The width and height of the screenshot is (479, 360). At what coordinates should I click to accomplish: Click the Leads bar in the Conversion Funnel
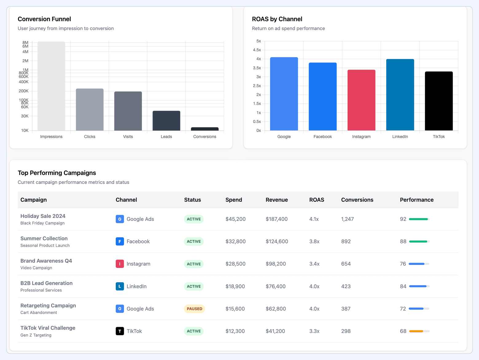166,121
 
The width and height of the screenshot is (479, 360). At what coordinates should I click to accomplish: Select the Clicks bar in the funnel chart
90,110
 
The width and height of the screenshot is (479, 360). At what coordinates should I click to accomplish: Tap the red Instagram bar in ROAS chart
361,100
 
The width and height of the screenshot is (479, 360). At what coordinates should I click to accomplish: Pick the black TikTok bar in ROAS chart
439,101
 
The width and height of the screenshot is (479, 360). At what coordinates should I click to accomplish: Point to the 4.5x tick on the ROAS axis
257,50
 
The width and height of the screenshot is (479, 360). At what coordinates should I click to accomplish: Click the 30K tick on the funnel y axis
25,116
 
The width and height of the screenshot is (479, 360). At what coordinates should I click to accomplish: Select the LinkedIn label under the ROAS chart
400,137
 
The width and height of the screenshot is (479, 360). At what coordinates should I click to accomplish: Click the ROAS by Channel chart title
277,19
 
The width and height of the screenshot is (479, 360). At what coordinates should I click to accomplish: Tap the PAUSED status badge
194,309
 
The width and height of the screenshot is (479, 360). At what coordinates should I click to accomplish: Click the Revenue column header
277,200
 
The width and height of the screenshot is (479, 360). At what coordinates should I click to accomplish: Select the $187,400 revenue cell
277,219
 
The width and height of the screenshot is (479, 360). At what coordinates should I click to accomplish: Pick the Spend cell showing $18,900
235,286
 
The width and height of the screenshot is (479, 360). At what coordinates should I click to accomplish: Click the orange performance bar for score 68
416,331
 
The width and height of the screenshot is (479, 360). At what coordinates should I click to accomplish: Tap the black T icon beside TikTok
120,331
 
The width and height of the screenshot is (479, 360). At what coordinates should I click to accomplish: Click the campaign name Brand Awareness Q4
46,261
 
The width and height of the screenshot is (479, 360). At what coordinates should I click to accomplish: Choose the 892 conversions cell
346,242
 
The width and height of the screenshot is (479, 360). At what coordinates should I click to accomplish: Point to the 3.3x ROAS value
314,331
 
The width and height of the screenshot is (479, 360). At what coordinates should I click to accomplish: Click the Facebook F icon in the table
120,242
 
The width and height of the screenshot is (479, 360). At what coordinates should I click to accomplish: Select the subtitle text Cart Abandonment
39,312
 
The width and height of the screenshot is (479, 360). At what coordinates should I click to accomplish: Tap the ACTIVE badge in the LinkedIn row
194,286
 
